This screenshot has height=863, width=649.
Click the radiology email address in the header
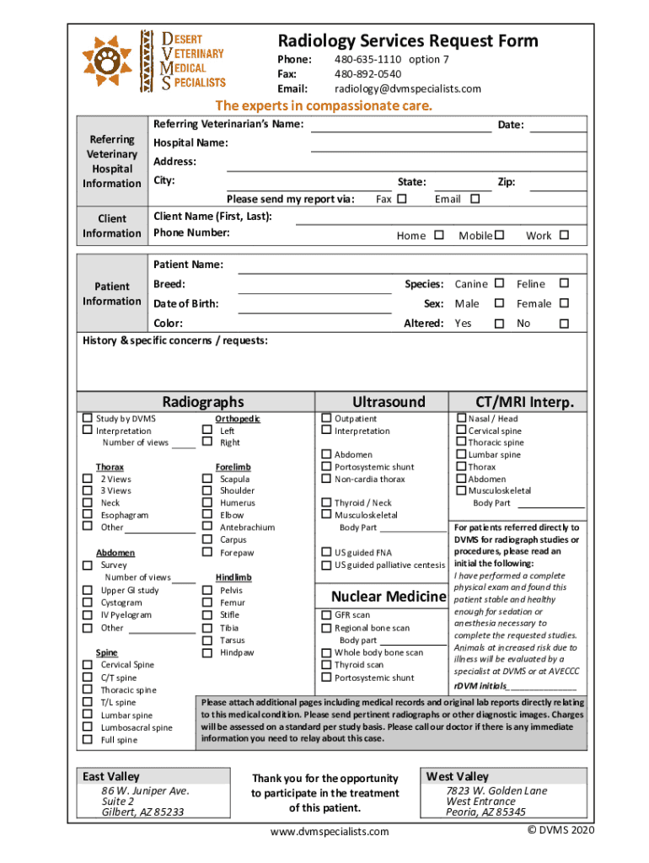pyautogui.click(x=407, y=88)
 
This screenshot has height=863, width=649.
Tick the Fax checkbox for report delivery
pyautogui.click(x=401, y=199)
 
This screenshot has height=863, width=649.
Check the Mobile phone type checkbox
pyautogui.click(x=499, y=235)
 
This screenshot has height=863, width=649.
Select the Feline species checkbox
pyautogui.click(x=565, y=283)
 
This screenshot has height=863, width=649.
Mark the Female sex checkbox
pyautogui.click(x=565, y=303)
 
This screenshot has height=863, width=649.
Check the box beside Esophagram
pyautogui.click(x=87, y=515)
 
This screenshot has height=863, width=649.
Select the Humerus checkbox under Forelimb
pyautogui.click(x=206, y=503)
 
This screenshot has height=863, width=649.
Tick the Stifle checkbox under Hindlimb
pyautogui.click(x=206, y=615)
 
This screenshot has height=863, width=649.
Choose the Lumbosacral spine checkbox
pyautogui.click(x=87, y=727)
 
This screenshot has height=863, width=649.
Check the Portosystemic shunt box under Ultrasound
pyautogui.click(x=326, y=467)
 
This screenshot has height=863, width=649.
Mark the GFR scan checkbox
pyautogui.click(x=326, y=615)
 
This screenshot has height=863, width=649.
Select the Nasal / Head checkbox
pyautogui.click(x=461, y=418)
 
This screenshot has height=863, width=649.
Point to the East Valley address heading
pyautogui.click(x=111, y=776)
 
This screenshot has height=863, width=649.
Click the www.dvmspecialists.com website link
pyautogui.click(x=330, y=832)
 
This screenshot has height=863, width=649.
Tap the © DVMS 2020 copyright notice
pyautogui.click(x=560, y=830)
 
